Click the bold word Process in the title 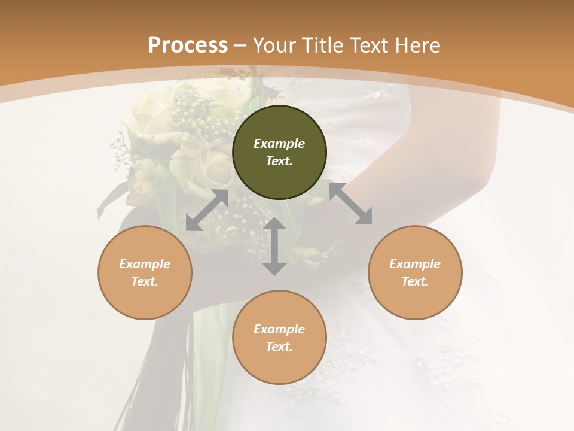click(x=188, y=45)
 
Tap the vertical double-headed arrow click(x=274, y=246)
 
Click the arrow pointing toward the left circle click(x=207, y=210)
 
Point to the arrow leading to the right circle click(x=351, y=204)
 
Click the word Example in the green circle click(x=279, y=144)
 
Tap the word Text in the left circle click(x=145, y=281)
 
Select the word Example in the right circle click(x=415, y=264)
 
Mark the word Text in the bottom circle click(x=279, y=347)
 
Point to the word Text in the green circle click(x=279, y=161)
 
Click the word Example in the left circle click(x=145, y=264)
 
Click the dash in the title click(x=240, y=46)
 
